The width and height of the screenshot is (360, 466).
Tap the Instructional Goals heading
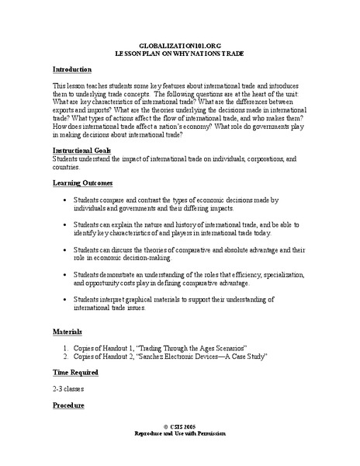pos(82,150)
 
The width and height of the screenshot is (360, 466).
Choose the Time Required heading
pos(78,372)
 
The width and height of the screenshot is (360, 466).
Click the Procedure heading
pos(70,405)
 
